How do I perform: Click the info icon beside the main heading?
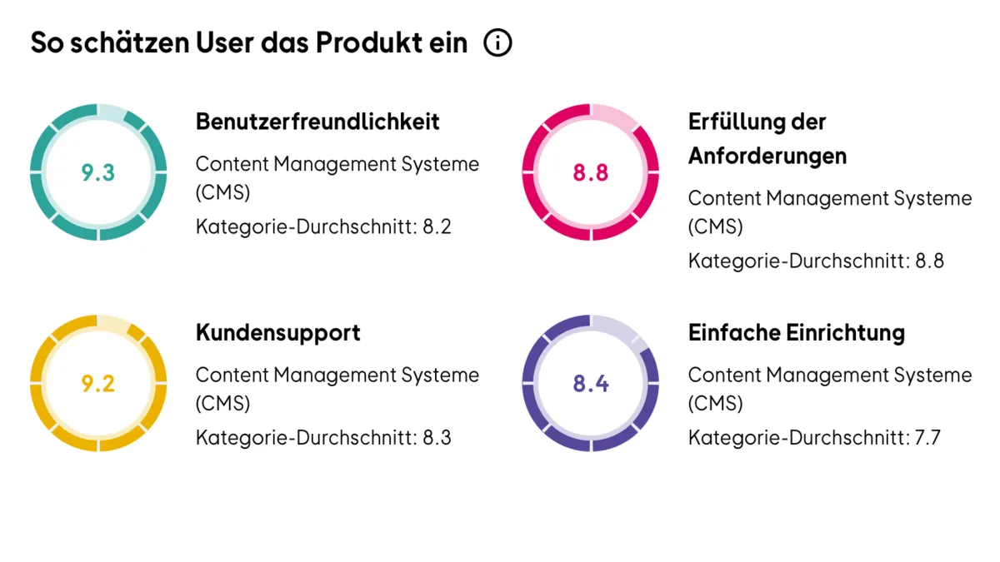497,42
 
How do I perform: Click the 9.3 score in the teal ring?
98,173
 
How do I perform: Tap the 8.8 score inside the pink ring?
590,173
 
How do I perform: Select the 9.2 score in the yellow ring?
98,384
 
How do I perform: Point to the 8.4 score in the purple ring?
590,384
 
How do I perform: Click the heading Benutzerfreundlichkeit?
317,122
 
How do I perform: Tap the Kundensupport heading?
277,332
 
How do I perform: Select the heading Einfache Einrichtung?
796,332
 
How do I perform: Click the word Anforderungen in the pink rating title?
767,156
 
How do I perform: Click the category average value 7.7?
926,437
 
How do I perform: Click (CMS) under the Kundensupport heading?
222,404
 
